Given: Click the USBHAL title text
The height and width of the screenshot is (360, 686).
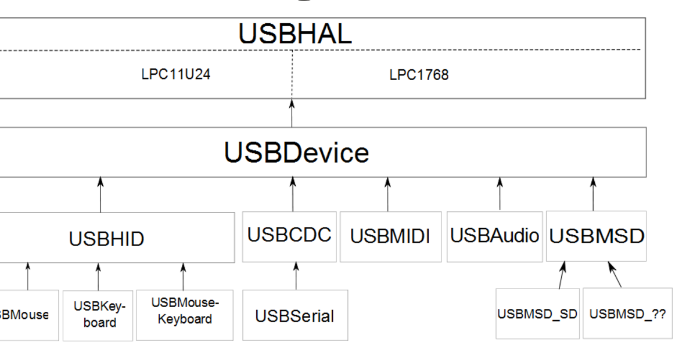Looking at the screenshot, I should click(294, 34).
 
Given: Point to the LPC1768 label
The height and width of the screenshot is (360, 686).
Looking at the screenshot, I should click(419, 75).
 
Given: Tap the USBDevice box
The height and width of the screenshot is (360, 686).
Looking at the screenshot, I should click(296, 152).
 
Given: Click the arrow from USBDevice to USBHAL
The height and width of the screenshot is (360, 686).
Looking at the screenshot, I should click(292, 113).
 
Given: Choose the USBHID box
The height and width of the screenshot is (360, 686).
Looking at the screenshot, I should click(106, 239).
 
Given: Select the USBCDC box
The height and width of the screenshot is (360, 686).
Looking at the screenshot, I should click(289, 236).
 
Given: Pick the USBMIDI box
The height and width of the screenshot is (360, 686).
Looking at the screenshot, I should click(390, 237).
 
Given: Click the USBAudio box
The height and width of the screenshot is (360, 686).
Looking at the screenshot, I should click(495, 237).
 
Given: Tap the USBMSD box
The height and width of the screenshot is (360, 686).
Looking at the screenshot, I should click(597, 237).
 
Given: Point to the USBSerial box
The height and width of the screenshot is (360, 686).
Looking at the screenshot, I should click(295, 316).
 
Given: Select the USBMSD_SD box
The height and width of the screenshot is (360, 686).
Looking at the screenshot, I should click(537, 314).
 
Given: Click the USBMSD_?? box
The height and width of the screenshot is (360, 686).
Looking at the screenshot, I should click(627, 314).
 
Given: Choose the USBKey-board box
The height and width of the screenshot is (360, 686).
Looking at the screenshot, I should click(99, 315).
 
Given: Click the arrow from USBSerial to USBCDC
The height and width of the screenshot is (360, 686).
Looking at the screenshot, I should click(296, 276).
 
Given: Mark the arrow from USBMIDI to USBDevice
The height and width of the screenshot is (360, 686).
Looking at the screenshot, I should click(387, 194).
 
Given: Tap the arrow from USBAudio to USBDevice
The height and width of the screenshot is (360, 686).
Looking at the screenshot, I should click(500, 193).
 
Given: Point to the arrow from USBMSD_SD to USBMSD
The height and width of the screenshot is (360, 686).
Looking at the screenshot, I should click(561, 275).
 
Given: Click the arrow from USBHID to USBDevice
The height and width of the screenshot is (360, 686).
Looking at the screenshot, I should click(100, 195).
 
